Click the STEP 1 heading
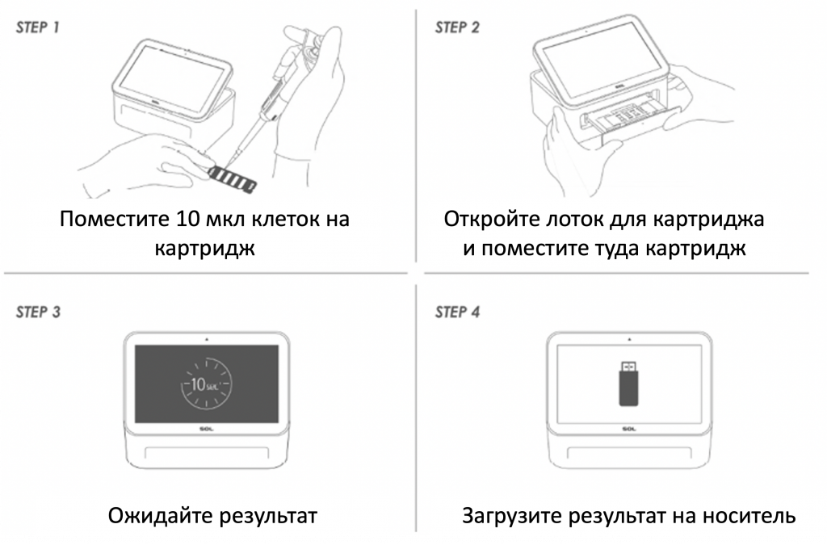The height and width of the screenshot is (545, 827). pyautogui.click(x=37, y=27)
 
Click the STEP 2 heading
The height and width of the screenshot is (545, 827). pyautogui.click(x=457, y=27)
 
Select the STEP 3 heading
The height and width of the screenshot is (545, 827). pyautogui.click(x=38, y=312)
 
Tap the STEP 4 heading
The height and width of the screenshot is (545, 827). pyautogui.click(x=457, y=312)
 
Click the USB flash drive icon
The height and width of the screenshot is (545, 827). pyautogui.click(x=628, y=384)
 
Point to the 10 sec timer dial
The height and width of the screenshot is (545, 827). pyautogui.click(x=206, y=384)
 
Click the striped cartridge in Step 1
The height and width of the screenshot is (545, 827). pyautogui.click(x=233, y=178)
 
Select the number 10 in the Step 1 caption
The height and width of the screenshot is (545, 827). pyautogui.click(x=186, y=219)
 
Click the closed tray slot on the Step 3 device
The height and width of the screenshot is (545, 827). pyautogui.click(x=207, y=453)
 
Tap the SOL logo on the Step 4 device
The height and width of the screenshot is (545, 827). pyautogui.click(x=628, y=429)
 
